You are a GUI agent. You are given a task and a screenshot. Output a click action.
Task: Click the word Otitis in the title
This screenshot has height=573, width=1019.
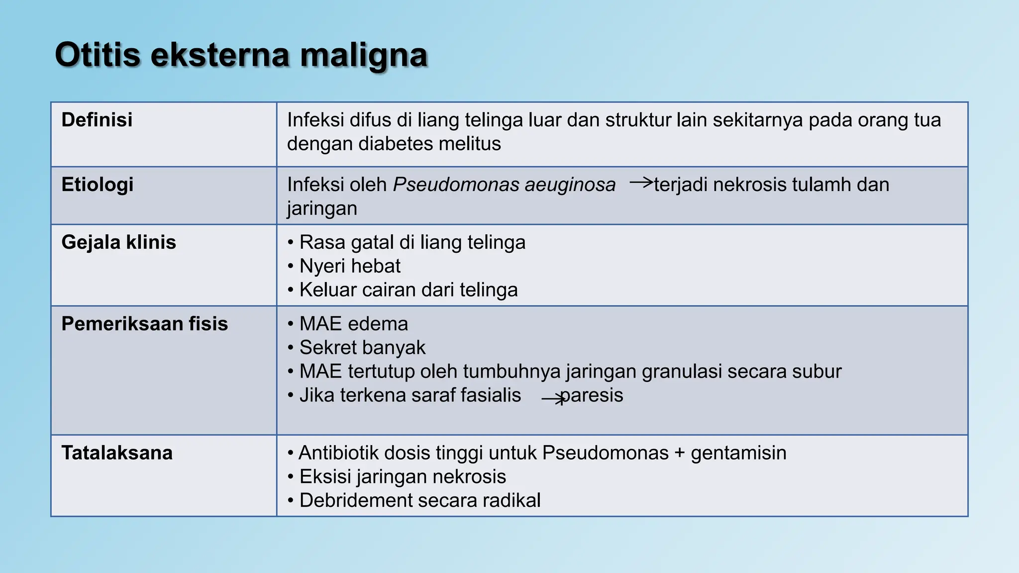click(98, 55)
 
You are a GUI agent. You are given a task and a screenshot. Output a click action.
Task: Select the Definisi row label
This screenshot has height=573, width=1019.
click(97, 120)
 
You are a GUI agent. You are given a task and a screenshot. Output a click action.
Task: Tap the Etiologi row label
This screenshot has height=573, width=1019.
click(98, 185)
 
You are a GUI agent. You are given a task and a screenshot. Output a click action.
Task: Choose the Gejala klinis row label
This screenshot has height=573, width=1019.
click(118, 242)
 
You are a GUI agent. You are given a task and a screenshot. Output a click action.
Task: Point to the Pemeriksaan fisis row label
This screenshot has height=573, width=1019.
click(144, 324)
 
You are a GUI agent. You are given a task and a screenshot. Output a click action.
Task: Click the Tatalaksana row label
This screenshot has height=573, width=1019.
click(117, 453)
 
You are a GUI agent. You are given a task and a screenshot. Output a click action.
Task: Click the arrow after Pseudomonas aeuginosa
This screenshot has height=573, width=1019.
click(641, 183)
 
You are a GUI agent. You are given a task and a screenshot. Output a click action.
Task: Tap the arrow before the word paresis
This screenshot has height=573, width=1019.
click(553, 399)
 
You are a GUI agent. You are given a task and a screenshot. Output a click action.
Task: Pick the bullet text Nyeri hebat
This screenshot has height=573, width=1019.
click(350, 266)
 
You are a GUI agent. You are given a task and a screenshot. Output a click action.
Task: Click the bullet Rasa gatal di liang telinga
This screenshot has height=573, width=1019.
click(412, 242)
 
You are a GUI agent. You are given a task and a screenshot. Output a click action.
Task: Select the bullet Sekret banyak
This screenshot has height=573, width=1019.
click(362, 348)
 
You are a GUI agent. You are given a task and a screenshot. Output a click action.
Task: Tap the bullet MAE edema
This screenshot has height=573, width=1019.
click(353, 324)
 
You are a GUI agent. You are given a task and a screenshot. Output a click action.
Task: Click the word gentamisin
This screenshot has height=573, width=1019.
click(738, 453)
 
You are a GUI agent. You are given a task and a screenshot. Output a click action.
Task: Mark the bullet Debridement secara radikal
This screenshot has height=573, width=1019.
click(419, 500)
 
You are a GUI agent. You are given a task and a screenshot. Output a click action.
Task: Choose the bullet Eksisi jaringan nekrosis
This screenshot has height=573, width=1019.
click(403, 477)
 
